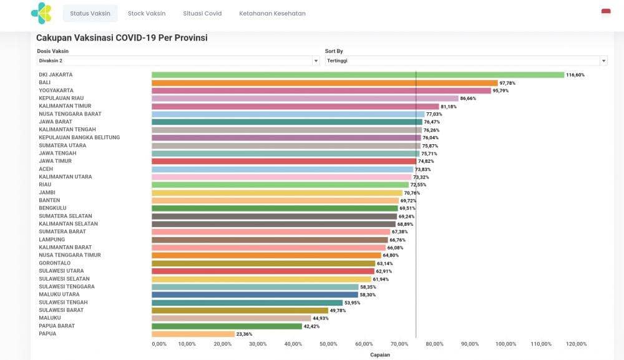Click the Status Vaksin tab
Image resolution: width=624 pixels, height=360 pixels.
click(90, 13)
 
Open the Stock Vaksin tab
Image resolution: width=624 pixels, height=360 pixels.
click(147, 13)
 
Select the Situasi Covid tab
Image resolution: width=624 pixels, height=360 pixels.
click(202, 13)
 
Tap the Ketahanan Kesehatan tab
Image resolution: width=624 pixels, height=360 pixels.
click(272, 13)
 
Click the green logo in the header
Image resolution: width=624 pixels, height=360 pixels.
click(42, 13)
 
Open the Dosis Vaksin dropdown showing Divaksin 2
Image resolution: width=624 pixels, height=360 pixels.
click(178, 61)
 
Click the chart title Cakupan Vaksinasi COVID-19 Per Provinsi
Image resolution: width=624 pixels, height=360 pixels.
click(122, 38)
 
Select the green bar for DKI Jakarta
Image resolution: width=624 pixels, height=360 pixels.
click(358, 75)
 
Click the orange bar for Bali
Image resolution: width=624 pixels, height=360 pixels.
click(324, 83)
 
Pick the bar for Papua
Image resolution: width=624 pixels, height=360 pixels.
click(193, 334)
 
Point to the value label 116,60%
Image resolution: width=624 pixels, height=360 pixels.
click(575, 75)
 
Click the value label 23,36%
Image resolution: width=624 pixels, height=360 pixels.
click(244, 334)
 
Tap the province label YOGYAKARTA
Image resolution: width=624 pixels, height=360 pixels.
click(56, 90)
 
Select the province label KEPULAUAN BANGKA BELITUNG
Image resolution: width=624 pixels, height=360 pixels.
click(79, 137)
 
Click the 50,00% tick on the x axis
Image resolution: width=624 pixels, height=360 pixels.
click(328, 344)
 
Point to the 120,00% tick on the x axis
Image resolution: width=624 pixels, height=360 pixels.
click(576, 344)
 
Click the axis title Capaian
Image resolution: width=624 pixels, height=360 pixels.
click(380, 354)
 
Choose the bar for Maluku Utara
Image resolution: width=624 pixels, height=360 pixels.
click(255, 294)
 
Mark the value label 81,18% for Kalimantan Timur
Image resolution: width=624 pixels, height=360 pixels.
click(449, 107)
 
